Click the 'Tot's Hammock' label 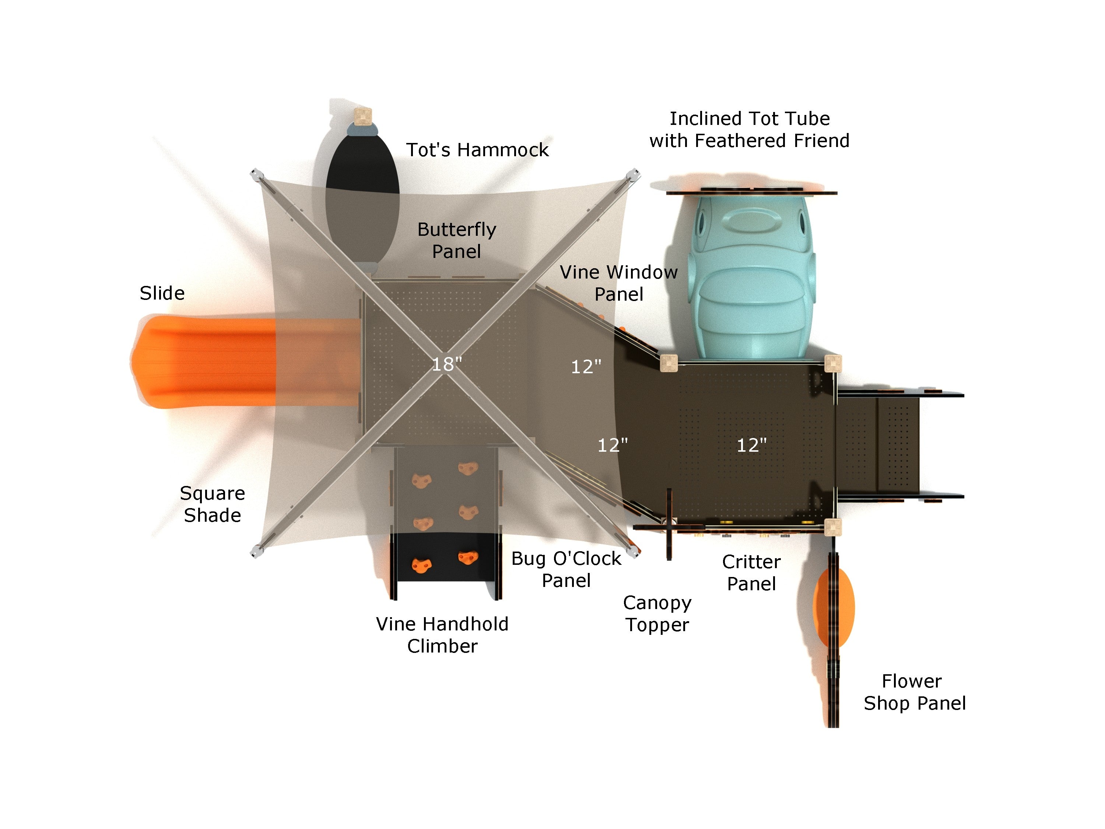point(477,150)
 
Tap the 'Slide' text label point(162,293)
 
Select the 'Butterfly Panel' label point(457,240)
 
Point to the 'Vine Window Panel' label point(618,283)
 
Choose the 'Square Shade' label point(212,504)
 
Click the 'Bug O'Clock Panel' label point(566,570)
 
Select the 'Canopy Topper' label point(657,613)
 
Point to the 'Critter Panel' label point(751,573)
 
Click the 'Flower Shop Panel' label point(914,692)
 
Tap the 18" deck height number point(446,364)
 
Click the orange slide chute point(210,361)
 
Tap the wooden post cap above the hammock point(363,116)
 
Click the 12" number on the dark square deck point(751,445)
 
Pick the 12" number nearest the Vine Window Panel point(586,367)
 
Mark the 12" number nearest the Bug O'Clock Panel point(613,445)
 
